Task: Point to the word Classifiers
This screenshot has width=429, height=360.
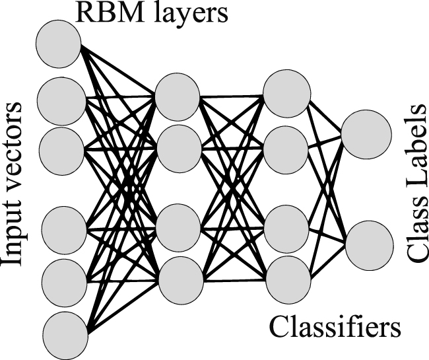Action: (335, 325)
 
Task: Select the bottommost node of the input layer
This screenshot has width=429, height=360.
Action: (66, 334)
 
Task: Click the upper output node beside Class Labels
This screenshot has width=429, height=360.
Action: (364, 134)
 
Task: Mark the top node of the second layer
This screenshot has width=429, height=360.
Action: (178, 96)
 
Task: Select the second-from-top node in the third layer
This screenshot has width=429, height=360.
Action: (286, 149)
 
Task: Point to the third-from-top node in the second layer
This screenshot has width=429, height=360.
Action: (179, 227)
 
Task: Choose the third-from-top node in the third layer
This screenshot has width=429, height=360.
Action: (286, 227)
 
